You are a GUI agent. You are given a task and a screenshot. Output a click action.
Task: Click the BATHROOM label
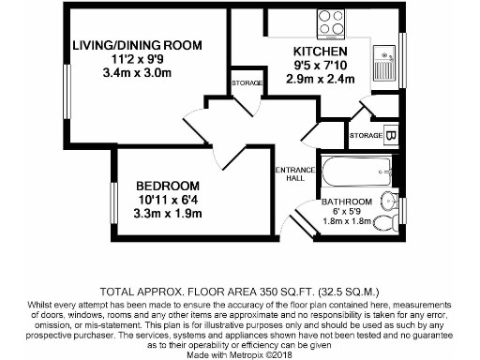[x=348, y=202]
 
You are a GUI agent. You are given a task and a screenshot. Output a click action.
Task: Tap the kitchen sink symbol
[x=385, y=65]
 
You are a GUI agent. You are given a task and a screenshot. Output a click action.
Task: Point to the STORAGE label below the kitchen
[x=364, y=136]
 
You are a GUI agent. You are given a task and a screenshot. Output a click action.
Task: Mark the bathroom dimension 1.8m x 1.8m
[x=348, y=222]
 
